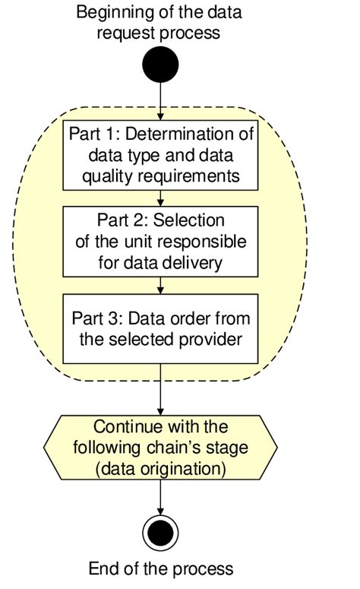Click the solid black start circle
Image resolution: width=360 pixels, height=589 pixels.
(x=161, y=65)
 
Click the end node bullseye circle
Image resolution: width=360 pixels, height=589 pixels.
(x=161, y=533)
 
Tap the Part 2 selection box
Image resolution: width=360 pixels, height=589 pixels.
(x=161, y=242)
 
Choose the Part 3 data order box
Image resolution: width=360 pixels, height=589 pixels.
(x=161, y=328)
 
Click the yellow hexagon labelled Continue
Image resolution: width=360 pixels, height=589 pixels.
(x=161, y=448)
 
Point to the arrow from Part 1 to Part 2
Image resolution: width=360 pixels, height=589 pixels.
(x=161, y=197)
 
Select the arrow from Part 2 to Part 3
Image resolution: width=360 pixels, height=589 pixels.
(x=161, y=284)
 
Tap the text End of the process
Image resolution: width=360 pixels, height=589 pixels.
(x=161, y=568)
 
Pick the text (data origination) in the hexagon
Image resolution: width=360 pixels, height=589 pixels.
(x=161, y=469)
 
